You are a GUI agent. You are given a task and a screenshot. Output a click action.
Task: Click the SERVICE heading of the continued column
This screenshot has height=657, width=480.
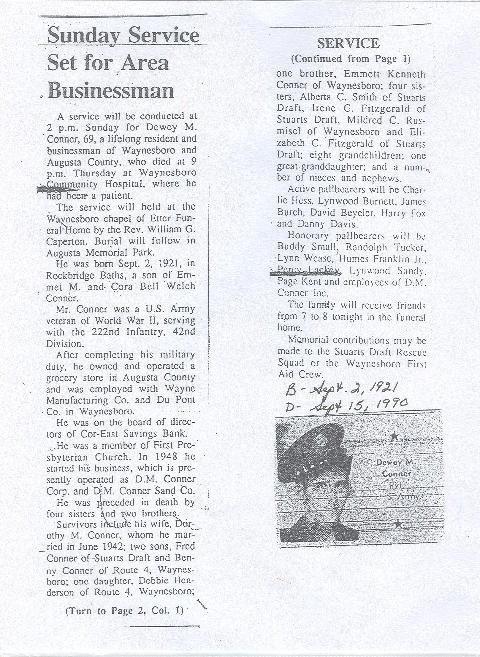[x=348, y=44]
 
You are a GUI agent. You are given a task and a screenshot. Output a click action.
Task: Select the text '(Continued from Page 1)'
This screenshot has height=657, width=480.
[x=351, y=59]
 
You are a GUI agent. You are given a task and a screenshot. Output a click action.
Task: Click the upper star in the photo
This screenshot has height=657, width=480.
[x=394, y=436]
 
